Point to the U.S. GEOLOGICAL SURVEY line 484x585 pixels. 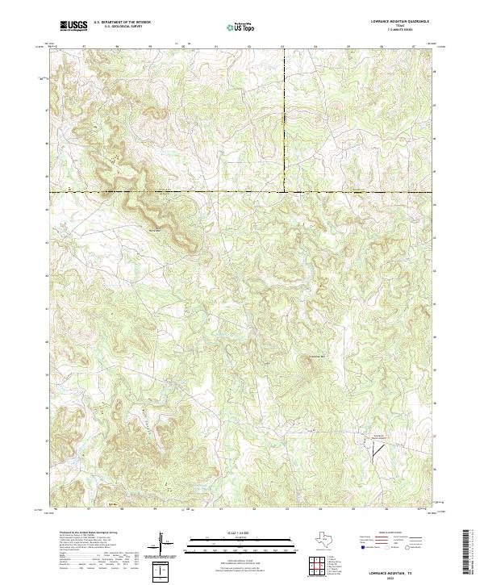click(x=118, y=27)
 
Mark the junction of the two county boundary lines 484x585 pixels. click(x=283, y=192)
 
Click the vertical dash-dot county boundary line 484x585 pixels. click(x=283, y=121)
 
